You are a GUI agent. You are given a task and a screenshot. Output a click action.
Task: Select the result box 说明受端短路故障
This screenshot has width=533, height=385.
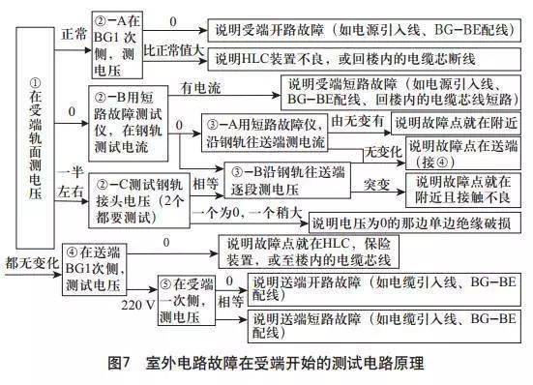point(400,95)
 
